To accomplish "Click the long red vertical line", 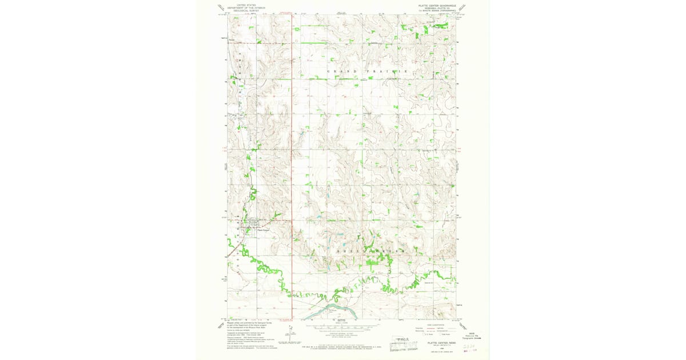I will pos(292,171).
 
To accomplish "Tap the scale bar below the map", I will pos(343,327).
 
